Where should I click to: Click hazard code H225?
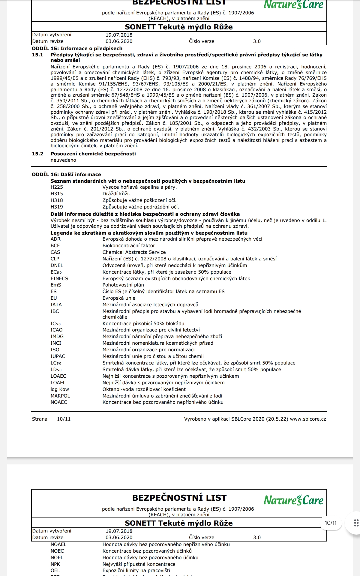[57, 187]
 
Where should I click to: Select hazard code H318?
[57, 200]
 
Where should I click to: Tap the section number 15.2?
[37, 154]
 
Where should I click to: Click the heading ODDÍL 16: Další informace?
[66, 175]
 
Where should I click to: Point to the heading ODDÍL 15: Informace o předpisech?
[77, 49]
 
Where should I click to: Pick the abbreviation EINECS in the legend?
[59, 279]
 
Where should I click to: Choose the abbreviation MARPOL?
[60, 396]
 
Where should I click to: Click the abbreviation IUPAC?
[58, 356]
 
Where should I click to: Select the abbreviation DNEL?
[57, 265]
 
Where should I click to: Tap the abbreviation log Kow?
[60, 389]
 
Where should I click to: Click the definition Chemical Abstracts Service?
[134, 252]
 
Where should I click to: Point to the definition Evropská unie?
[119, 298]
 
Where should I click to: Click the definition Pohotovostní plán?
[123, 285]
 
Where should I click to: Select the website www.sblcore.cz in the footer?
[308, 419]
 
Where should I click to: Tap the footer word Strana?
[40, 419]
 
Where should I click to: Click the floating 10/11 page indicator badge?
[331, 523]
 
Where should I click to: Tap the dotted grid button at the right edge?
[356, 523]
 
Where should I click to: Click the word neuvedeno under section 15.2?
[63, 160]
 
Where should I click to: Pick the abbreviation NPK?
[55, 564]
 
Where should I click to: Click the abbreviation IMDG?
[57, 337]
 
